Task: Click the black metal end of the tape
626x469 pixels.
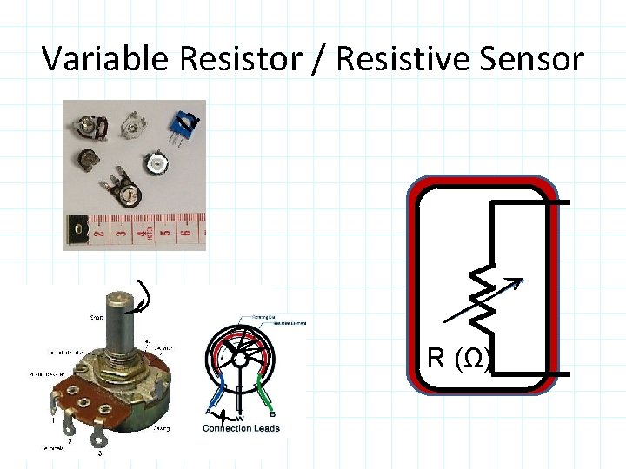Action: (77, 232)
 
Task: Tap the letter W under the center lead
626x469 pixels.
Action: (241, 418)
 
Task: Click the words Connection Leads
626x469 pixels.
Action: (241, 428)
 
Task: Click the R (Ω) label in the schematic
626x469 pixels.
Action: (459, 358)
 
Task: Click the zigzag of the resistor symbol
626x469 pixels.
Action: (485, 300)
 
